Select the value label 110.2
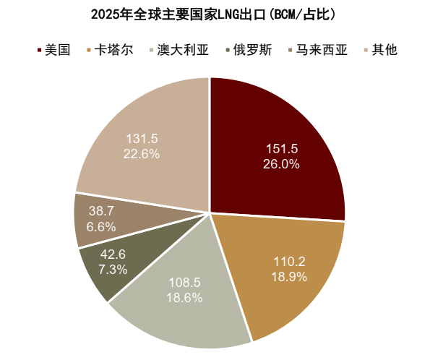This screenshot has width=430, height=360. tap(291, 262)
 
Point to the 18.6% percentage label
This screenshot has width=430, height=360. tap(185, 297)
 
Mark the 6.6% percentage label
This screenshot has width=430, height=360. tap(100, 226)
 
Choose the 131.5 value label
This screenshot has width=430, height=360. tap(142, 139)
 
